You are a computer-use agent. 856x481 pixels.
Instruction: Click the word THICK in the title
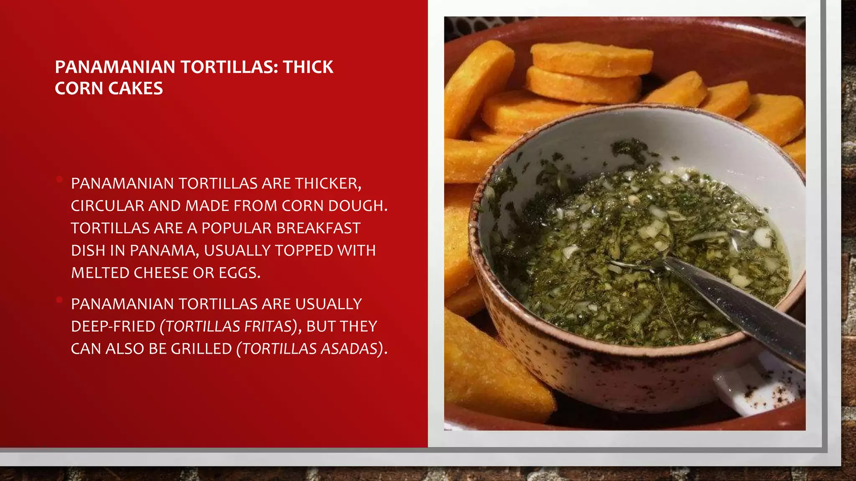tap(308, 67)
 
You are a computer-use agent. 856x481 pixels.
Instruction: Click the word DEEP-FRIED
tap(113, 327)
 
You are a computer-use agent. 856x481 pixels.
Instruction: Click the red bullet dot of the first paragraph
tap(59, 180)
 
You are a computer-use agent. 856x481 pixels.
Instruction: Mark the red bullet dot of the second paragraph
tap(59, 300)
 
